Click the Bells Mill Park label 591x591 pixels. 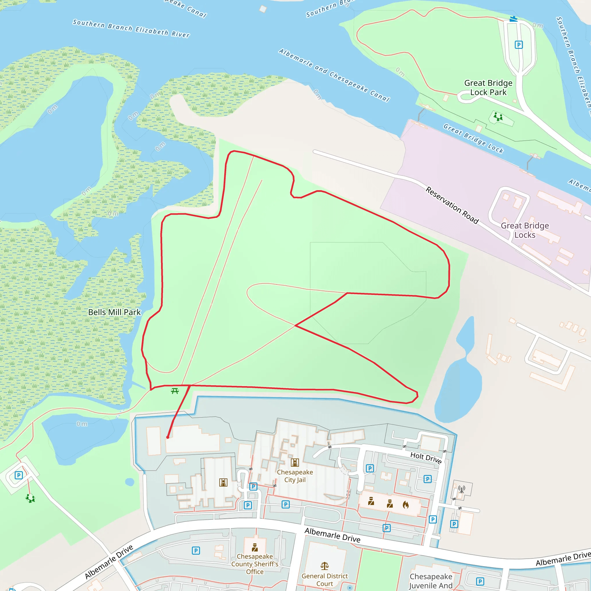click(114, 312)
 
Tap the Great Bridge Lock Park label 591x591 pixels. click(488, 88)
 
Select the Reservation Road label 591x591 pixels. click(452, 205)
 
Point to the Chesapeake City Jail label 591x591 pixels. click(295, 476)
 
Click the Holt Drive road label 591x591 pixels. click(426, 458)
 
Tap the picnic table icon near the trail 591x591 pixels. click(175, 391)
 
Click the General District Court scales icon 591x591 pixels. click(325, 566)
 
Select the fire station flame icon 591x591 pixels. click(406, 504)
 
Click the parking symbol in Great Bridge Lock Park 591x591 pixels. click(519, 45)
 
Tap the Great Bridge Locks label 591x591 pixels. click(525, 230)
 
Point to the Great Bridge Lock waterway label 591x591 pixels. click(473, 138)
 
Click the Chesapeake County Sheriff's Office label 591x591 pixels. click(255, 564)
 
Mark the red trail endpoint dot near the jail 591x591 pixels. click(168, 437)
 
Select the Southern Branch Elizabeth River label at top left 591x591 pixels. click(131, 29)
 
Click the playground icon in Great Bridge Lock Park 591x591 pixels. click(498, 117)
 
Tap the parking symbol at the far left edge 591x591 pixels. click(19, 475)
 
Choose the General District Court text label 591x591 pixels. click(325, 580)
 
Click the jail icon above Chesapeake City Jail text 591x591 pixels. click(295, 463)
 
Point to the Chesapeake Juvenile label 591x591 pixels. click(431, 581)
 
